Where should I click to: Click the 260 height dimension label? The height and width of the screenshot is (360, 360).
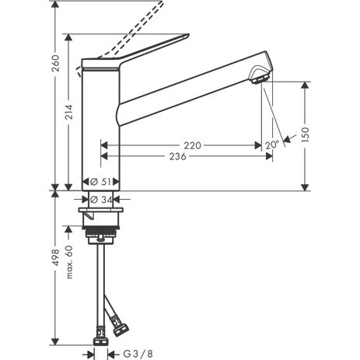coord(55,63)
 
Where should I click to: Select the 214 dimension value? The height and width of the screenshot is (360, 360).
coord(68,112)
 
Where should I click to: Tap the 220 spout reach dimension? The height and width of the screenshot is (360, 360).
coord(192,145)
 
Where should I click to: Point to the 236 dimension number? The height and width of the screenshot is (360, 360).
coord(177,156)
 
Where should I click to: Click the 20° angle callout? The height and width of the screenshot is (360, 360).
coord(272,145)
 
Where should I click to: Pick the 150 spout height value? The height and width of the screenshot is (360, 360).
coord(306,135)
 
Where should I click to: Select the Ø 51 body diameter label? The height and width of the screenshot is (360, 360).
coord(100,182)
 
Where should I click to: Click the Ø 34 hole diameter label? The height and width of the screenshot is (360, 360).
coord(101,200)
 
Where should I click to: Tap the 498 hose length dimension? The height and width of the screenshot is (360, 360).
coord(55,257)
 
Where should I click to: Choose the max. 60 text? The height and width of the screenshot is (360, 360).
coord(69,262)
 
